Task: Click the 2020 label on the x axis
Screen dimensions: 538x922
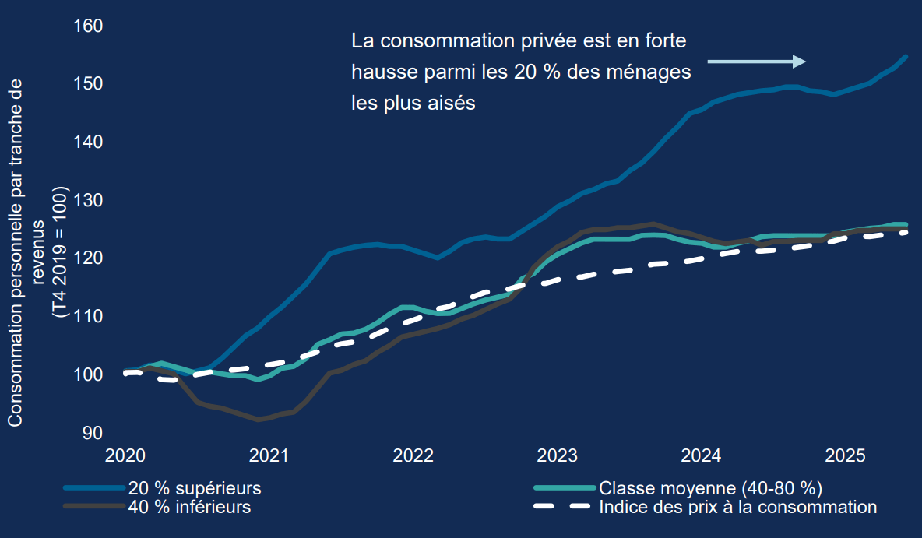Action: click(x=125, y=455)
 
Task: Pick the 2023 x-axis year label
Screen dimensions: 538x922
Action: click(x=558, y=455)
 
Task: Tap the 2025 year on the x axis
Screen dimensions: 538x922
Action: click(x=846, y=455)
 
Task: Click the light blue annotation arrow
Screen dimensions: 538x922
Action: click(x=755, y=62)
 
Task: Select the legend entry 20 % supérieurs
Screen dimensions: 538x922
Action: click(x=195, y=489)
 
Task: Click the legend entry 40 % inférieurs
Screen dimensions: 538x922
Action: click(x=189, y=507)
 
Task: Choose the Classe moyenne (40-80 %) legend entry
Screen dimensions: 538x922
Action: click(x=711, y=489)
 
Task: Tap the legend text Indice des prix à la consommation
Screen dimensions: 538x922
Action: click(x=738, y=507)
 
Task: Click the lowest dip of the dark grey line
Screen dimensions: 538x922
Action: click(x=259, y=419)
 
